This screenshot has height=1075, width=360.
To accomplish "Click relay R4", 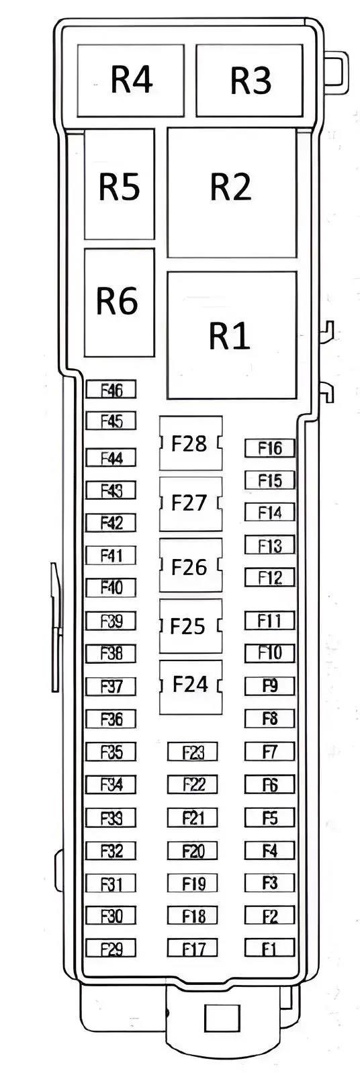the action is point(130,80).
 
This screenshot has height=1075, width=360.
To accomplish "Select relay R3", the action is point(250,80).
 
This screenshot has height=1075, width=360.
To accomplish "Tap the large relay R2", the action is point(231,192).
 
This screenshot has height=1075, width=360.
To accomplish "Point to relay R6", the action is point(119,302).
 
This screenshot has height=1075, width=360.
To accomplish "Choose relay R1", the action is point(231,335).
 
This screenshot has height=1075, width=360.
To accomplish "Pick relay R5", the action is point(119,184).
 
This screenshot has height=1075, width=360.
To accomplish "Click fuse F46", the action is point(111,389).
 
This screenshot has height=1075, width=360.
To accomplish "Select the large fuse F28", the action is point(191,443).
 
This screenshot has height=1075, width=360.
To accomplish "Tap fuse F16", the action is point(270,448).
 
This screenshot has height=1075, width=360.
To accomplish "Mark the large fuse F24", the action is point(191,687).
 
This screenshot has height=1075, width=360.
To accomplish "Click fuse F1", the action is point(270,948).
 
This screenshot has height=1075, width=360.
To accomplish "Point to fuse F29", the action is point(111,948).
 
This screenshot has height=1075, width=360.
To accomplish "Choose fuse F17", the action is point(193,948).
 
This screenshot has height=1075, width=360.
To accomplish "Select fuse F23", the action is point(193,752).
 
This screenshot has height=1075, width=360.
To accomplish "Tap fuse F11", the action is point(270,621).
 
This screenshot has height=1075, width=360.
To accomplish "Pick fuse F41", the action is point(111,555).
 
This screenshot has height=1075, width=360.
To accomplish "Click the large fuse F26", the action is point(191,565).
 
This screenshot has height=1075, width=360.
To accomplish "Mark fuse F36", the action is point(111,719).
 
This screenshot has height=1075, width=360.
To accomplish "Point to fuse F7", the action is point(270,752).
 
